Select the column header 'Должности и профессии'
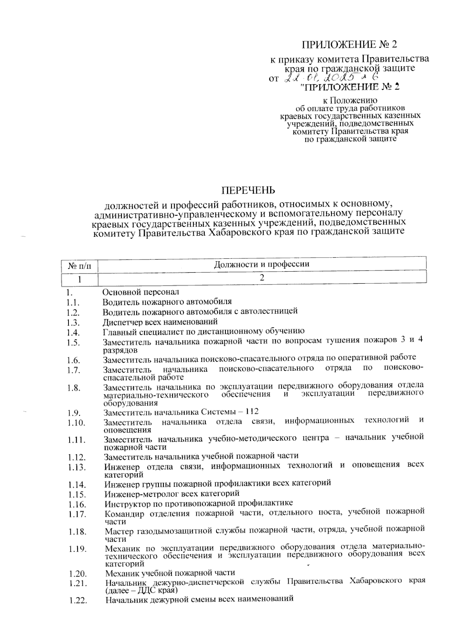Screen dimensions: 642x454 coord(262,264)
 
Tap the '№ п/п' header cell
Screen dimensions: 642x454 coord(79,266)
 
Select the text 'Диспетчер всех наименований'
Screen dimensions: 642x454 coord(160,322)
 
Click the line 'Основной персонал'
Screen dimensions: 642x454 coord(140,292)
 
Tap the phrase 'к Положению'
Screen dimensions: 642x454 coord(350,101)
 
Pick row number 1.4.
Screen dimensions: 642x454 coord(73,333)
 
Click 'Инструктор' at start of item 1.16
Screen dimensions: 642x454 coord(125,503)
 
